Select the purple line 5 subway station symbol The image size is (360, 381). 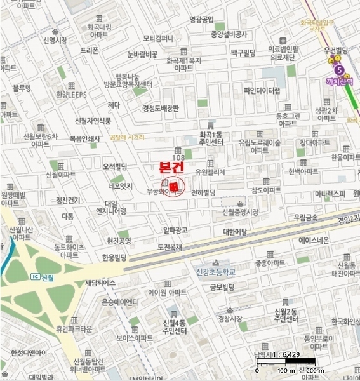[339, 69]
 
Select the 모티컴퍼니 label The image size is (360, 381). [158, 38]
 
